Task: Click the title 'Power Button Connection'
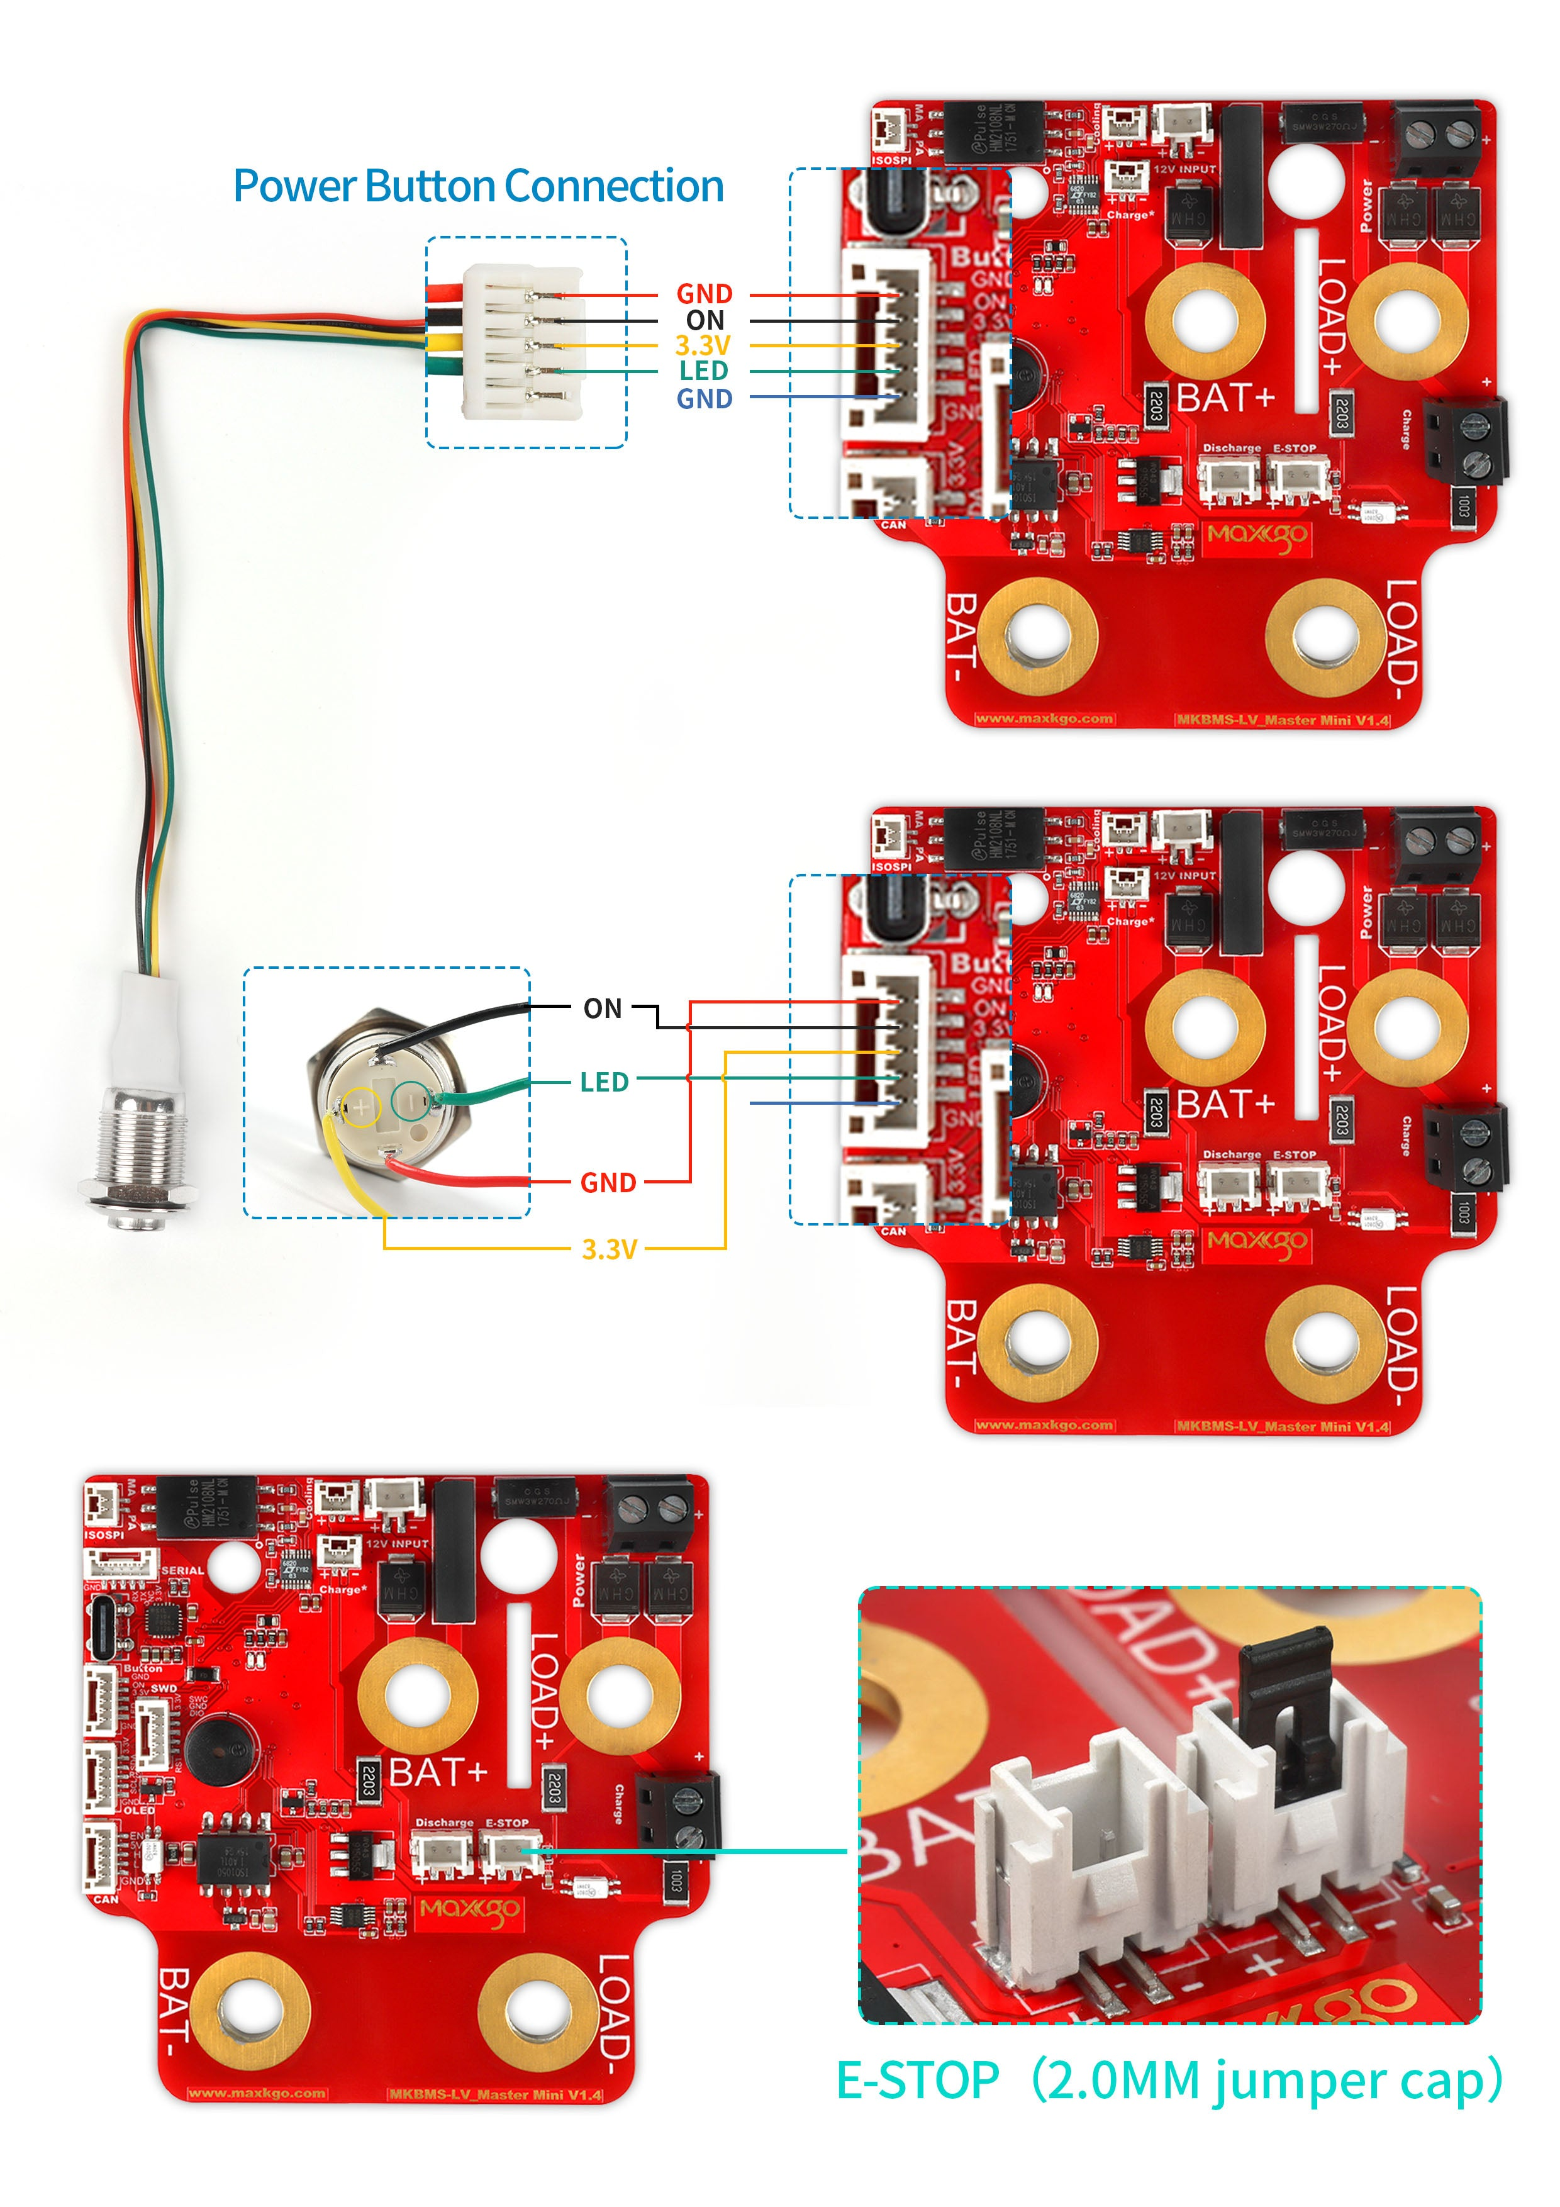click(x=477, y=186)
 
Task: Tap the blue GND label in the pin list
click(x=704, y=399)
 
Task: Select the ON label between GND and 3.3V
click(x=705, y=320)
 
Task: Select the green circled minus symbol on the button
click(x=410, y=1098)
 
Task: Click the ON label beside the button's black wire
click(x=603, y=1009)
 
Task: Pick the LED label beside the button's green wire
click(x=604, y=1082)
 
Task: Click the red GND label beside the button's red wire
click(x=608, y=1182)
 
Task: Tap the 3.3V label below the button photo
click(x=610, y=1249)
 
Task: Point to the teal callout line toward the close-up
click(x=692, y=1850)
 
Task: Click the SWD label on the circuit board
click(x=164, y=1688)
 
